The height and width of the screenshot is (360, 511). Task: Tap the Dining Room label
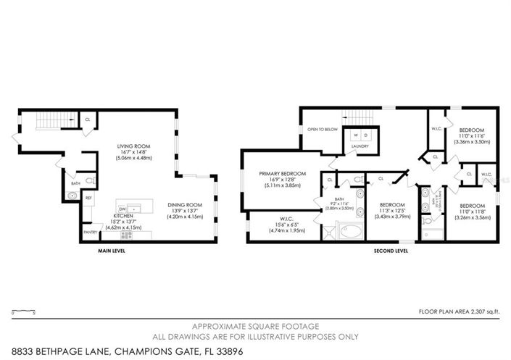click(x=184, y=204)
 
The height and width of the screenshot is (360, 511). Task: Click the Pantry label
click(x=90, y=232)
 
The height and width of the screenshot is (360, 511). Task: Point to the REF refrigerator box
click(x=88, y=198)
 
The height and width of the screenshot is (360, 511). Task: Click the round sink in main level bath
click(x=71, y=195)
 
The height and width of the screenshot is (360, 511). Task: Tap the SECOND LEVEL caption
click(x=391, y=251)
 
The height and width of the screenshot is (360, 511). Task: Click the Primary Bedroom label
click(x=283, y=174)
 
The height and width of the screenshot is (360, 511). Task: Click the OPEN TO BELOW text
click(x=323, y=130)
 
